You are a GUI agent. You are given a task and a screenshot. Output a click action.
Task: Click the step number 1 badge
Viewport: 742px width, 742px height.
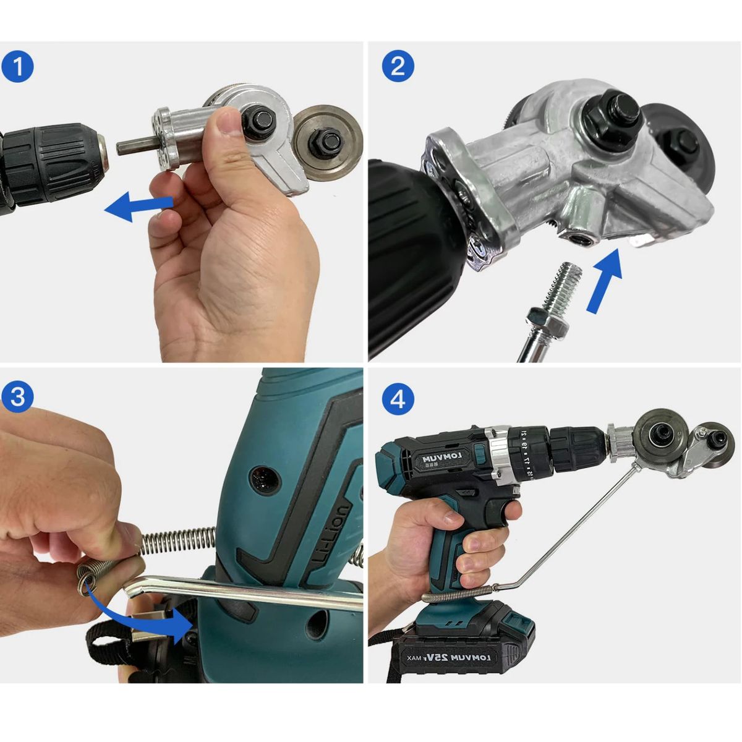click(18, 66)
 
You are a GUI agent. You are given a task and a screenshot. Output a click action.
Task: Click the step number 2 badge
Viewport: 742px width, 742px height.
click(398, 66)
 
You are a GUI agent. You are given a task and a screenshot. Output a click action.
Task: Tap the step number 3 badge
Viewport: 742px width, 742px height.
click(18, 398)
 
